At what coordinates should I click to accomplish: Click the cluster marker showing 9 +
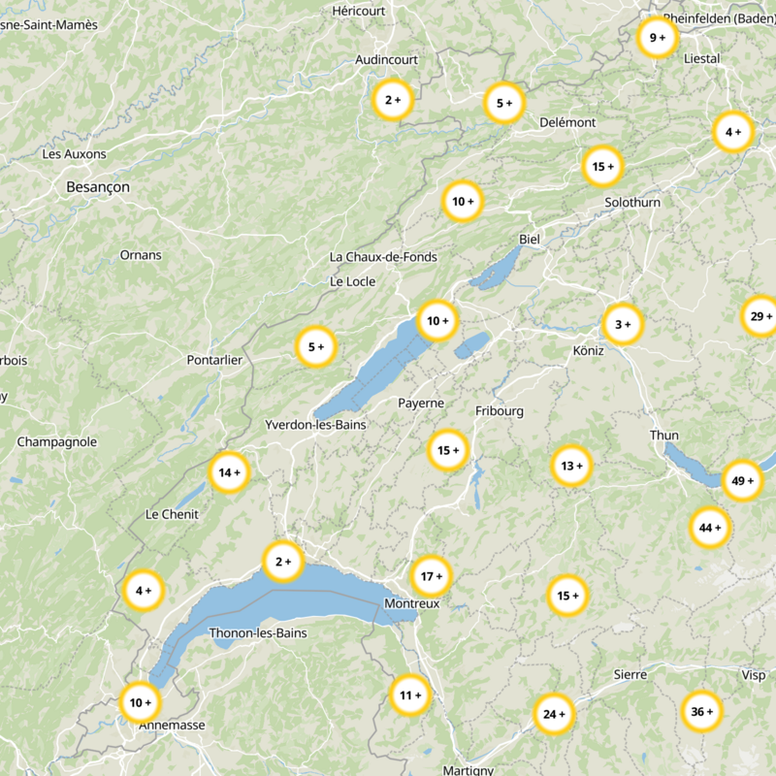(x=658, y=38)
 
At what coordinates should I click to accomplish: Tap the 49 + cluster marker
(x=742, y=480)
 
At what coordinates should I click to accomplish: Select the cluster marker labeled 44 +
(x=710, y=528)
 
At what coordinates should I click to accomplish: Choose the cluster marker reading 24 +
(x=554, y=715)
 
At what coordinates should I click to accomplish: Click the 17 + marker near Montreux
(x=430, y=576)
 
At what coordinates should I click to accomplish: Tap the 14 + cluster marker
(x=230, y=472)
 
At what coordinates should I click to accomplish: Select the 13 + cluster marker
(x=571, y=466)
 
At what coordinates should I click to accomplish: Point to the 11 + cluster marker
(x=410, y=695)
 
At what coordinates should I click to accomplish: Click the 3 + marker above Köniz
(x=622, y=324)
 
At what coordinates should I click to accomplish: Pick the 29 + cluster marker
(x=760, y=316)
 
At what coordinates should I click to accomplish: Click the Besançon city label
(x=98, y=186)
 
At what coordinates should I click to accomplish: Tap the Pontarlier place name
(x=214, y=360)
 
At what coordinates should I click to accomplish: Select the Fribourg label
(x=500, y=411)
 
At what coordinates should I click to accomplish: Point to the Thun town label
(x=664, y=436)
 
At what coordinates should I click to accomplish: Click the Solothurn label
(x=632, y=203)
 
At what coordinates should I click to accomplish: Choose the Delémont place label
(x=567, y=122)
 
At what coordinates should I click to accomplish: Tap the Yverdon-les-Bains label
(x=312, y=425)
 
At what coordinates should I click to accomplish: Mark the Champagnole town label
(x=57, y=441)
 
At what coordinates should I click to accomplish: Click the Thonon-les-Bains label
(x=258, y=633)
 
